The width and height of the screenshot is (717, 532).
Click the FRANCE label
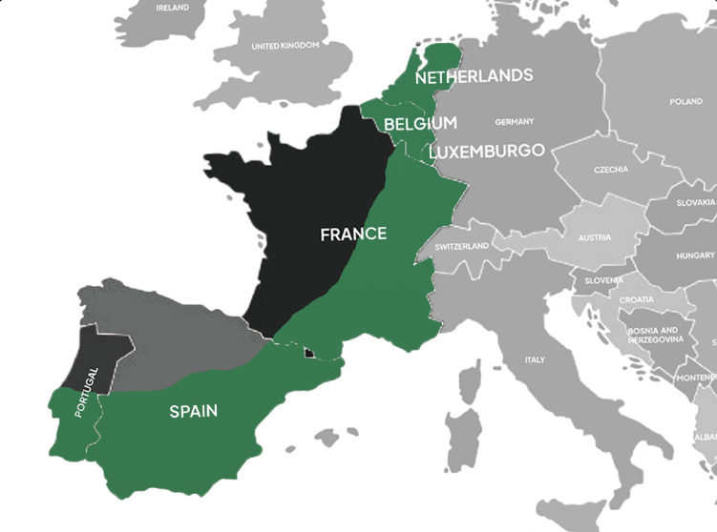click(x=353, y=234)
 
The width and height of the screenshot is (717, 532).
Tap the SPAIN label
click(x=193, y=412)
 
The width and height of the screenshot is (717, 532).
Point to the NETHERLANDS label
click(x=474, y=75)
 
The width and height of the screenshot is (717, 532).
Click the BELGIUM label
click(x=420, y=124)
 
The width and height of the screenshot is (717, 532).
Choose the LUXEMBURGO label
click(x=487, y=151)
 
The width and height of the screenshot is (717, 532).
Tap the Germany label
click(x=515, y=122)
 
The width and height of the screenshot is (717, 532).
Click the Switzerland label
click(x=461, y=246)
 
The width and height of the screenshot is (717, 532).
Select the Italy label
click(x=534, y=359)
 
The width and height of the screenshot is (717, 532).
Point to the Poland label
click(x=685, y=101)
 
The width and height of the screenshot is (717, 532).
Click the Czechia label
click(x=611, y=170)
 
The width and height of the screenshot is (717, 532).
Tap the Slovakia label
click(x=696, y=203)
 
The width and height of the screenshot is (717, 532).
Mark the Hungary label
click(x=695, y=256)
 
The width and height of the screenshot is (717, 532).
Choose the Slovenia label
click(x=603, y=280)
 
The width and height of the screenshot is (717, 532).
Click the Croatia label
click(x=637, y=299)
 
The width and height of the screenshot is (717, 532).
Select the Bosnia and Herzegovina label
click(x=655, y=334)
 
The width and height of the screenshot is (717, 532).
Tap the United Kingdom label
click(x=285, y=46)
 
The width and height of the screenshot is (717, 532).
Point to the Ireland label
click(x=172, y=7)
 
